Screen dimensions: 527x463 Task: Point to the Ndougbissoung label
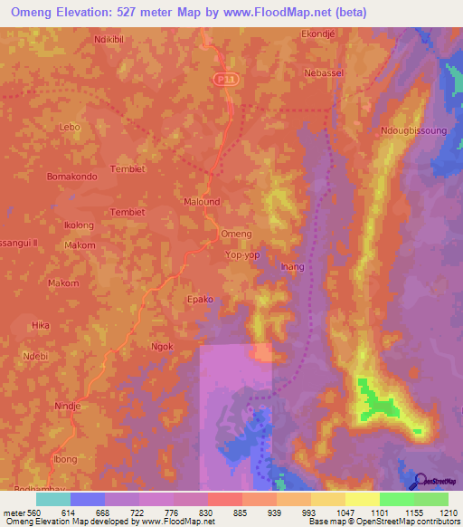pyautogui.click(x=414, y=130)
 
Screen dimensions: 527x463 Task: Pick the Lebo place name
pyautogui.click(x=70, y=128)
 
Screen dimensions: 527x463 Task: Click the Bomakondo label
pyautogui.click(x=71, y=176)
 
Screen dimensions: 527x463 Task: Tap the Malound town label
pyautogui.click(x=202, y=202)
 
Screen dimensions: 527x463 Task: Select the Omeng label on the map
pyautogui.click(x=236, y=234)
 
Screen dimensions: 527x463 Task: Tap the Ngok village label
pyautogui.click(x=161, y=347)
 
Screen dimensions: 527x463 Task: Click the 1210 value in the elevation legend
pyautogui.click(x=449, y=513)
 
